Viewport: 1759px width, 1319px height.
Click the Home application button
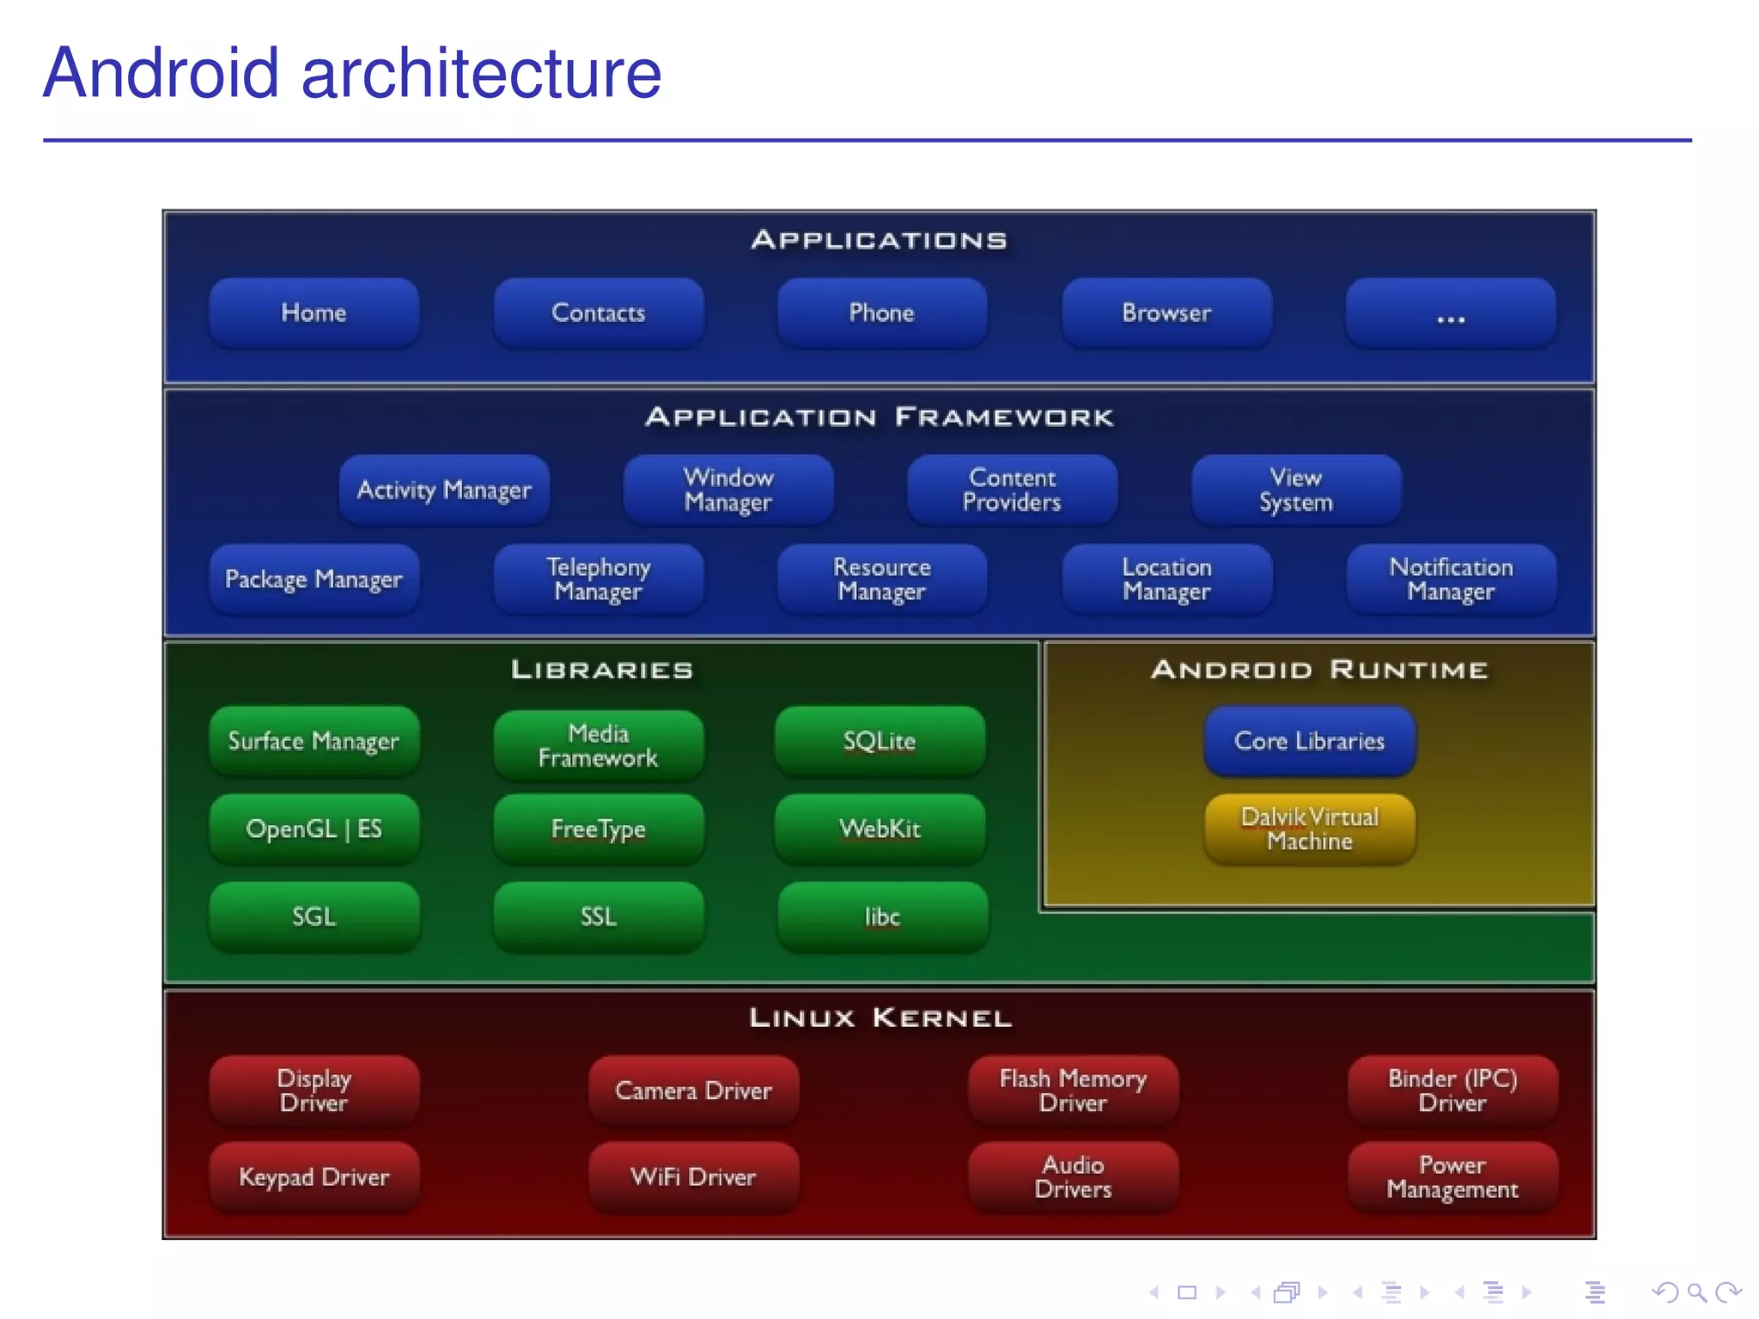(x=313, y=313)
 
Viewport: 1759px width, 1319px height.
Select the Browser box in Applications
(x=1166, y=313)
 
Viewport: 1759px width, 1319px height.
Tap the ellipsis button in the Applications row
(x=1451, y=313)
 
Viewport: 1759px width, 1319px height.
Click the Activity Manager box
(x=444, y=489)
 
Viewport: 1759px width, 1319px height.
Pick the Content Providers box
(x=1012, y=489)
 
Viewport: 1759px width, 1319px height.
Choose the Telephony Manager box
(x=598, y=579)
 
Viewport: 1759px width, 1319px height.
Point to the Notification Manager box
(x=1451, y=579)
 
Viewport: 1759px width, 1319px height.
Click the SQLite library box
(x=879, y=741)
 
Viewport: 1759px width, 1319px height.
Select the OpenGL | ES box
(x=313, y=829)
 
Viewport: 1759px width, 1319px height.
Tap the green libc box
(x=882, y=916)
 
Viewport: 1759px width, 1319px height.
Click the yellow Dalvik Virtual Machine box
(x=1309, y=829)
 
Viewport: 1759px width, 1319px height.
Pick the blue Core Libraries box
(x=1309, y=741)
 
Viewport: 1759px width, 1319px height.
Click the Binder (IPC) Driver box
(x=1452, y=1091)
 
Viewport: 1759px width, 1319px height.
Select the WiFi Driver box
(x=693, y=1176)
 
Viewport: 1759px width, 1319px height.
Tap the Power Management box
(x=1452, y=1176)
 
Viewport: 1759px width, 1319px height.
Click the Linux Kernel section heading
(x=879, y=1018)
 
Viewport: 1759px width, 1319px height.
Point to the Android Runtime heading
(x=1318, y=670)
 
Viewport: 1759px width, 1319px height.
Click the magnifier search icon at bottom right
(x=1696, y=1292)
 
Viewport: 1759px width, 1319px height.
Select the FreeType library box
(x=598, y=829)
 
